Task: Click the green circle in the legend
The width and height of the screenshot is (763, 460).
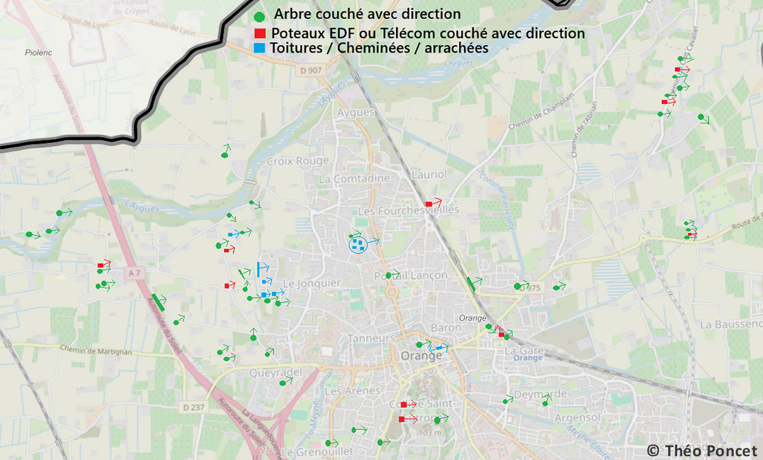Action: click(259, 17)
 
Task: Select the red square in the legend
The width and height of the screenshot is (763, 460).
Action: click(259, 33)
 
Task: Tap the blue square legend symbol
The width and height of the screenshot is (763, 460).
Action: click(259, 48)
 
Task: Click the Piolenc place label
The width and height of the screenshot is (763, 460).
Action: click(38, 53)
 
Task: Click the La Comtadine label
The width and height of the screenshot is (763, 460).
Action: click(354, 179)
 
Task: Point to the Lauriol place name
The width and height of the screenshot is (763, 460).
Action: click(430, 174)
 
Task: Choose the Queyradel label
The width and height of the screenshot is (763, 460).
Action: click(275, 372)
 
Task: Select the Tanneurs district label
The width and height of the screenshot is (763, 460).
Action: click(372, 338)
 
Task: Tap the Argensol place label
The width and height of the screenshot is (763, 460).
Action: click(577, 417)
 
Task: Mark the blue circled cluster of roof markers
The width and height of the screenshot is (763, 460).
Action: click(358, 243)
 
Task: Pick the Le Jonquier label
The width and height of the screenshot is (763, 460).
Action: click(312, 283)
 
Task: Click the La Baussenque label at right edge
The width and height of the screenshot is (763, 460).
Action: click(731, 324)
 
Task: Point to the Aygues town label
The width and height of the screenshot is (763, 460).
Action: click(354, 112)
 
